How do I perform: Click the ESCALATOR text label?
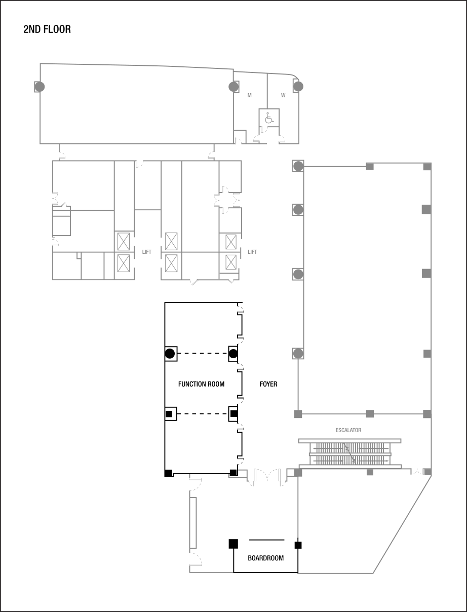348,430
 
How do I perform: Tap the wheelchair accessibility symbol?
269,119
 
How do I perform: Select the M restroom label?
249,95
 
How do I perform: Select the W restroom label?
283,95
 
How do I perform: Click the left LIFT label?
147,252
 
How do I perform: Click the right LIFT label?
252,252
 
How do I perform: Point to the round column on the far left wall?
40,87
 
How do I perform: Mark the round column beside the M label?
233,87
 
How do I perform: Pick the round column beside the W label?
298,87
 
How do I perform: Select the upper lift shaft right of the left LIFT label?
171,241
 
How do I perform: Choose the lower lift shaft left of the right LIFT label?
231,262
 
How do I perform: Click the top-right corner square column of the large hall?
427,166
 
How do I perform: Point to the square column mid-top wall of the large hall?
370,166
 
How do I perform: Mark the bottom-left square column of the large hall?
298,414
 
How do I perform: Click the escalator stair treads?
349,453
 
